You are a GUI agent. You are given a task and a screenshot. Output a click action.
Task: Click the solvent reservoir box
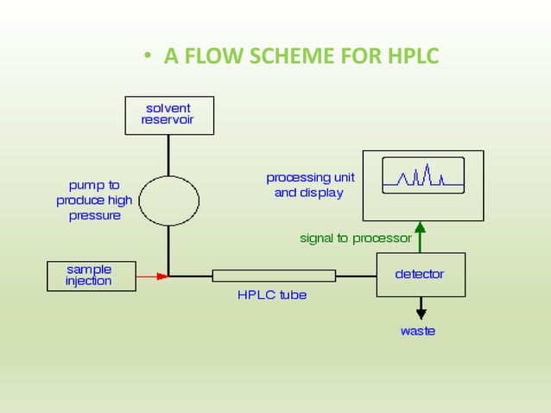coord(168,115)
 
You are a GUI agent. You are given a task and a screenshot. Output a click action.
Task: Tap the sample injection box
coord(90,276)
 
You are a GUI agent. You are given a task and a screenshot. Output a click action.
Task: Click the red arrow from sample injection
coord(151,276)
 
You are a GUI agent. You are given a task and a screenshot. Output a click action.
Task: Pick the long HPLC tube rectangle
coord(274,276)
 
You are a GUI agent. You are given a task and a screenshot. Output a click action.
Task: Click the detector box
coord(420,274)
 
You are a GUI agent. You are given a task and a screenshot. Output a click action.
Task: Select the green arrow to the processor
coord(421,237)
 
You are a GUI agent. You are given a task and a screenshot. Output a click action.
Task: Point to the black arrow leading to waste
coord(421,307)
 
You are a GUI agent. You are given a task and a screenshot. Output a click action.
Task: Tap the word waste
coord(418,331)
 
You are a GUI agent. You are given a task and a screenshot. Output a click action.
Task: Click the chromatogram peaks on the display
coord(420,177)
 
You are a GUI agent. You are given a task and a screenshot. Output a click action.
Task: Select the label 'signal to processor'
coord(355,238)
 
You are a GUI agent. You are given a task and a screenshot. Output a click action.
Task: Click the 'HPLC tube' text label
coord(272,295)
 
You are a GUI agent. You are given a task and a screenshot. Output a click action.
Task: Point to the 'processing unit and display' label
coord(309,185)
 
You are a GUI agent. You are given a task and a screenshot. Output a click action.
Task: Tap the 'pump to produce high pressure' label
coord(95,200)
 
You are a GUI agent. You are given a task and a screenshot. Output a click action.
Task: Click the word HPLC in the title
coord(408,57)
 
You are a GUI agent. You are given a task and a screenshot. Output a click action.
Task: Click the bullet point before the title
coord(148,58)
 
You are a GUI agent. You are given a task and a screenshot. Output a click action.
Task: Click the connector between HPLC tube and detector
coord(356,276)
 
